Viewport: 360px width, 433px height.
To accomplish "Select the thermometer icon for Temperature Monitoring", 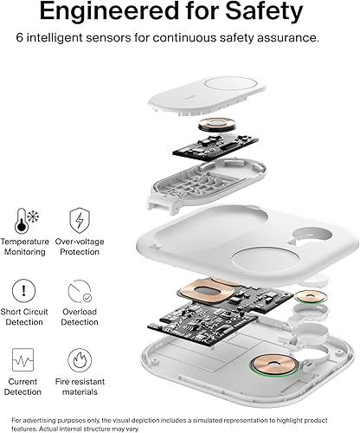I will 23,217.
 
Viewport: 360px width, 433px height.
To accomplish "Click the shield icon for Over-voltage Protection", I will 79,217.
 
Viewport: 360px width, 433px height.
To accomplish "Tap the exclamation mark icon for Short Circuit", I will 23,289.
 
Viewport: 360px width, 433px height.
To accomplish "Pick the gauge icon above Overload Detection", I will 79,289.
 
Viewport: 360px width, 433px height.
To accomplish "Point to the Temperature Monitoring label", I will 24,246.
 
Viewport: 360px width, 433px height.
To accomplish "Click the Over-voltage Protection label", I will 79,246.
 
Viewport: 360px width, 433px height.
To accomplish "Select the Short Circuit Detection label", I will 23,316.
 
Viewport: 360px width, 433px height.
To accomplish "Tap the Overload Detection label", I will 79,316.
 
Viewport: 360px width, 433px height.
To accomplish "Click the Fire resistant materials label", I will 79,386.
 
